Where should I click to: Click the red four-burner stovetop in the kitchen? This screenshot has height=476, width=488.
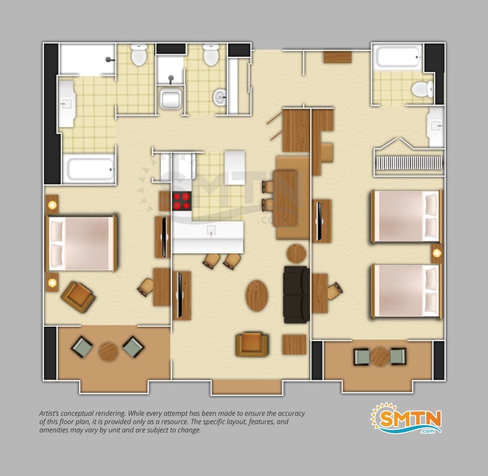[x=181, y=201]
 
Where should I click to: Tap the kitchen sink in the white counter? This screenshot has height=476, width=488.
[x=211, y=231]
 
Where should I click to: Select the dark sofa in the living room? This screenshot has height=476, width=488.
[x=296, y=295]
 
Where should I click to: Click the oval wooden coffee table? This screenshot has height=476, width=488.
[x=257, y=296]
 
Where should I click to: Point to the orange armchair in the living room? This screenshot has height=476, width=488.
[x=251, y=345]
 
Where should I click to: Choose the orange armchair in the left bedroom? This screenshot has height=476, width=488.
[x=78, y=297]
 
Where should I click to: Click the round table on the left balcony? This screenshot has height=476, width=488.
[x=108, y=352]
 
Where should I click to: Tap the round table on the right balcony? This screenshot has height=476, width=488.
[x=380, y=357]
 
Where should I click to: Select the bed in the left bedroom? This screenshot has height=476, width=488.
[x=82, y=243]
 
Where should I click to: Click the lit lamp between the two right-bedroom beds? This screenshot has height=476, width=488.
[x=437, y=253]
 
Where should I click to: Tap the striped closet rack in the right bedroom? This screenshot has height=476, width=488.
[x=409, y=163]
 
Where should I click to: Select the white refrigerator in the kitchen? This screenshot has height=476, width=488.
[x=235, y=168]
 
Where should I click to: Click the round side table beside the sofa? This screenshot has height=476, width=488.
[x=296, y=253]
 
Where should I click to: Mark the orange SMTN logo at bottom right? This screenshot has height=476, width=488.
[x=406, y=418]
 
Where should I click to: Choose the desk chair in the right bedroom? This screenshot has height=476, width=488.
[x=334, y=291]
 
